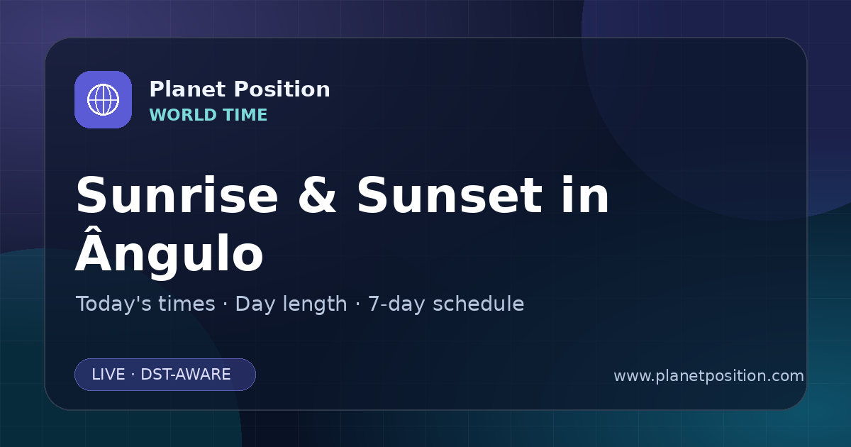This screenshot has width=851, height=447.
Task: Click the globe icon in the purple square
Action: pyautogui.click(x=103, y=99)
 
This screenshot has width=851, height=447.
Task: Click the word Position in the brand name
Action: pyautogui.click(x=282, y=89)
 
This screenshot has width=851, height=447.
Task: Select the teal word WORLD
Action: pyautogui.click(x=183, y=115)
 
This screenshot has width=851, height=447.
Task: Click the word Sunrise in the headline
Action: pyautogui.click(x=177, y=195)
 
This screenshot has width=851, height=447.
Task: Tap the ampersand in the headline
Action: pyautogui.click(x=317, y=195)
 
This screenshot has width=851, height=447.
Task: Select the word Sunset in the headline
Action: pyautogui.click(x=450, y=195)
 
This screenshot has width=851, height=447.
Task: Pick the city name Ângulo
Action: pyautogui.click(x=169, y=253)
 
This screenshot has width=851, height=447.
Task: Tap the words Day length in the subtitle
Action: pyautogui.click(x=291, y=304)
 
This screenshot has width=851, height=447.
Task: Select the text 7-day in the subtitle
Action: pyautogui.click(x=396, y=304)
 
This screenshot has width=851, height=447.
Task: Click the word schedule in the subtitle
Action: pyautogui.click(x=479, y=304)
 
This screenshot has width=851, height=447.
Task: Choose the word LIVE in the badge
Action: pyautogui.click(x=109, y=375)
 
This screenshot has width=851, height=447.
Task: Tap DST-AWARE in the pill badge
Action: pyautogui.click(x=185, y=375)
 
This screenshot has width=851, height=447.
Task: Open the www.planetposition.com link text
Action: pyautogui.click(x=708, y=376)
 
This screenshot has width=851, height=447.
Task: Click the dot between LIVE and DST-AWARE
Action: pyautogui.click(x=133, y=375)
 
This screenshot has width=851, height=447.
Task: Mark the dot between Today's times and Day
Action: pyautogui.click(x=226, y=304)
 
